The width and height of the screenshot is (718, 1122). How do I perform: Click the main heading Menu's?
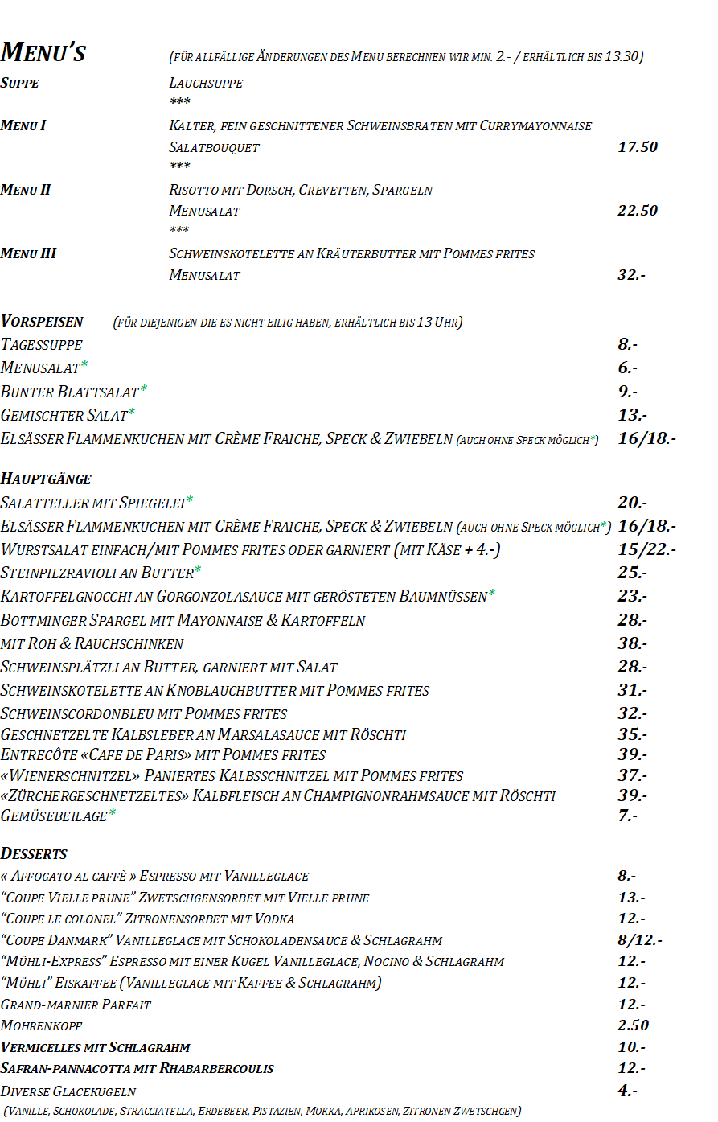tap(43, 52)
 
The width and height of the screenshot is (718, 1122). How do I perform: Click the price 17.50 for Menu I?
tap(637, 147)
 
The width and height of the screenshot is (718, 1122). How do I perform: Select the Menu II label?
tap(26, 190)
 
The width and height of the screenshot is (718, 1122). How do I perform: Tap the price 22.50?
tap(637, 211)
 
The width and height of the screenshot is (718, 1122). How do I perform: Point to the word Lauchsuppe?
tap(206, 83)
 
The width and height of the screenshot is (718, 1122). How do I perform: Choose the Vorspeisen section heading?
tap(42, 322)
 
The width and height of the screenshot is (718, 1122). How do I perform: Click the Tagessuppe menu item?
tap(42, 345)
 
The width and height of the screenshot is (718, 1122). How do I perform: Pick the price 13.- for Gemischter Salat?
tap(632, 415)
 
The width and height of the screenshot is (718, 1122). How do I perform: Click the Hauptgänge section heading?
tap(46, 479)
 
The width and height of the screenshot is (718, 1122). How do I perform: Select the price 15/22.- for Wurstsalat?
tap(646, 549)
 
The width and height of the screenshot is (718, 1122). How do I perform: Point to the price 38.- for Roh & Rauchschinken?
tap(632, 643)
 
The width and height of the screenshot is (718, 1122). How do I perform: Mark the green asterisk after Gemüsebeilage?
tap(113, 813)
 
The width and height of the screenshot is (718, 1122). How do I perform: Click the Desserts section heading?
tap(34, 854)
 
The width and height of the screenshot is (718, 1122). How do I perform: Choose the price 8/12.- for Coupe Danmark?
tap(639, 940)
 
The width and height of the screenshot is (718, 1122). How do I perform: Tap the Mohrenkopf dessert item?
tap(42, 1026)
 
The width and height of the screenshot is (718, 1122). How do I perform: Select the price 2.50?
tap(633, 1025)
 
